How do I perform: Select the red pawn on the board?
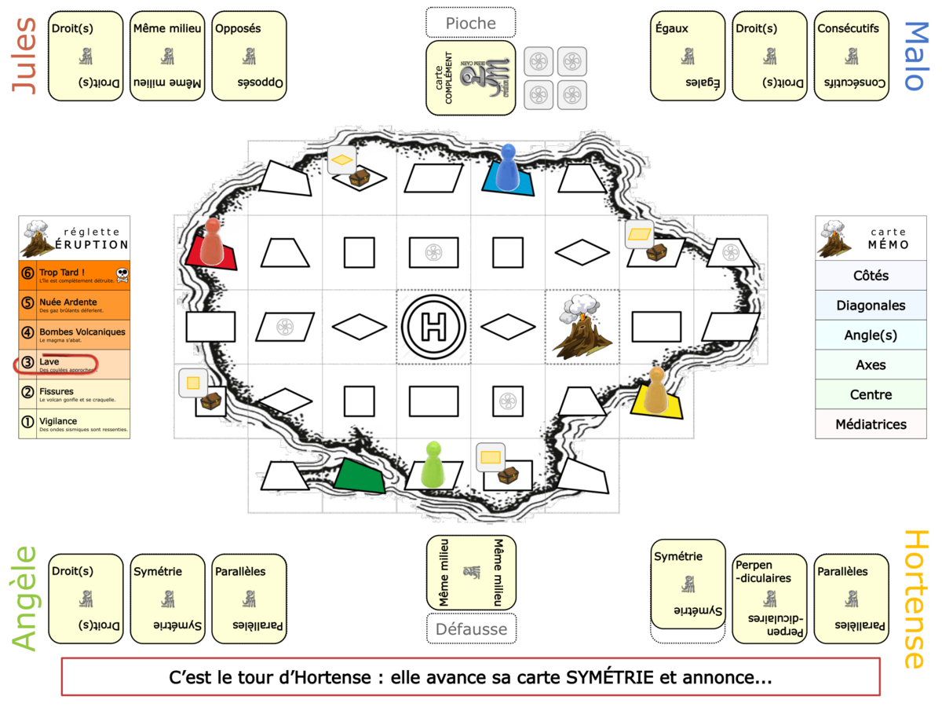pos(212,241)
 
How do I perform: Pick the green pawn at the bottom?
pos(433,464)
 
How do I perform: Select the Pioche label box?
pos(471,23)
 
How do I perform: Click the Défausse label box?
pos(471,628)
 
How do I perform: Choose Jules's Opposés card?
pos(249,56)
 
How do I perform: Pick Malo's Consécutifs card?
pos(851,56)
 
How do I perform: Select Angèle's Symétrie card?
pos(167,599)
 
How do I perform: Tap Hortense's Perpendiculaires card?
pos(769,599)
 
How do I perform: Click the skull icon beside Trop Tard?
pos(122,274)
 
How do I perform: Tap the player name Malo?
pos(915,56)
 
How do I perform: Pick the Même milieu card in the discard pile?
pos(471,573)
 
